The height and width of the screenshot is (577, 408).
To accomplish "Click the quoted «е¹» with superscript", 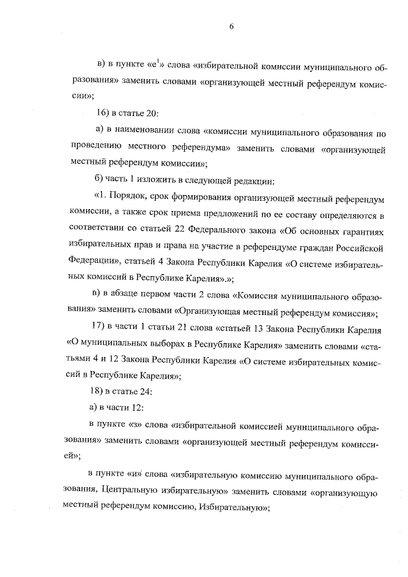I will [x=157, y=64].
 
